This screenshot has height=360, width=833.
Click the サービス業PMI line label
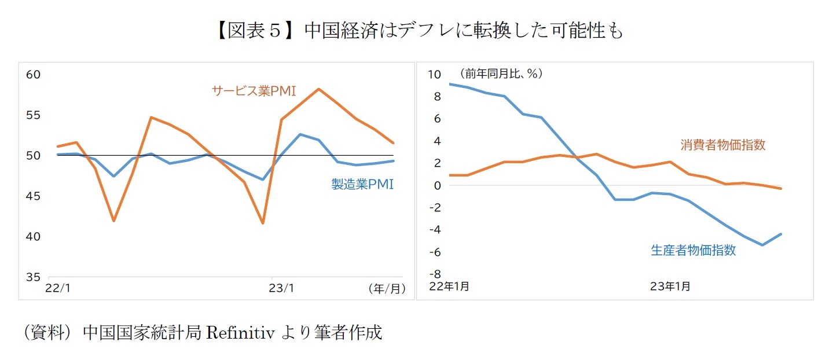pyautogui.click(x=254, y=91)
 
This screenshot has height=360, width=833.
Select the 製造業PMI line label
pyautogui.click(x=362, y=184)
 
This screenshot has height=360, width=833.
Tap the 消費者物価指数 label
pyautogui.click(x=722, y=145)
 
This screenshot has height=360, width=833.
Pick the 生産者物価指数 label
pyautogui.click(x=693, y=250)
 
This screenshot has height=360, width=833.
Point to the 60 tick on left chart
pyautogui.click(x=33, y=75)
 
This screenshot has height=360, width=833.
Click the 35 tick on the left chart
pyautogui.click(x=33, y=277)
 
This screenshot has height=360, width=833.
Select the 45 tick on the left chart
pyautogui.click(x=33, y=196)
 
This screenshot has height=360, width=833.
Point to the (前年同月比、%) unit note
pyautogui.click(x=500, y=74)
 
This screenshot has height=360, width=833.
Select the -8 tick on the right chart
pyautogui.click(x=434, y=274)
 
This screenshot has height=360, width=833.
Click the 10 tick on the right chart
pyautogui.click(x=434, y=74)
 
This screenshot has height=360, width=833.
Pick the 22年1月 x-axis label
pyautogui.click(x=449, y=286)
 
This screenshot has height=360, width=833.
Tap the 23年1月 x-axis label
pyautogui.click(x=670, y=286)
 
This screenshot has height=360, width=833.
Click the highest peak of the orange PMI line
pyautogui.click(x=318, y=89)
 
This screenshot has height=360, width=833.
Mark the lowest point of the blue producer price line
pyautogui.click(x=763, y=245)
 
